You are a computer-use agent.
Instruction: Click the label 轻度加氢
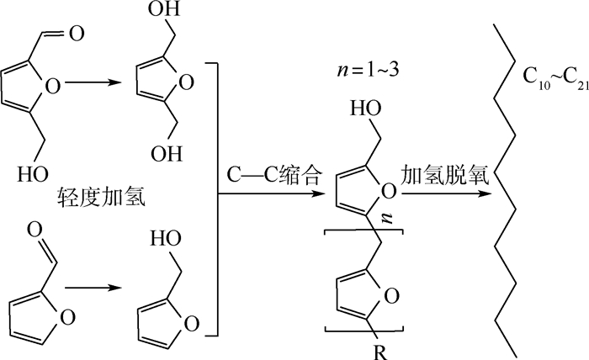point(101,198)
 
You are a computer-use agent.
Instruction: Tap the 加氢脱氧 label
point(445,175)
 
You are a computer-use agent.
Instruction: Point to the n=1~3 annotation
point(368,70)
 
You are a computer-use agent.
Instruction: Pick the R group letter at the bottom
point(380,353)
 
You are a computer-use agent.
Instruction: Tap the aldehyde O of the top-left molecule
point(77,34)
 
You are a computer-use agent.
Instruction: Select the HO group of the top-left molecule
point(33,174)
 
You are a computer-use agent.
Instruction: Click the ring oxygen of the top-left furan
point(52,87)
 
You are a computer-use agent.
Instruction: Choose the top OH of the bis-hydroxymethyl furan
point(164,8)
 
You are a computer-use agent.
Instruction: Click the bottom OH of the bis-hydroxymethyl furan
point(167,154)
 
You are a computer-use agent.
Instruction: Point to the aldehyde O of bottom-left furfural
point(35,230)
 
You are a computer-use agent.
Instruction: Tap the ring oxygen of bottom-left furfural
point(67,318)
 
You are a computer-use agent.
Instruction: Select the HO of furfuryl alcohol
point(166,238)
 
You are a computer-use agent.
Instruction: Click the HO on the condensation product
point(366,109)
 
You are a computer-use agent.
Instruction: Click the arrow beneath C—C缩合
point(271,193)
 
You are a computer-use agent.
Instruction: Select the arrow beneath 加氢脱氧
point(446,193)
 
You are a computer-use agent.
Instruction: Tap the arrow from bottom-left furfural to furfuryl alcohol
point(93,288)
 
